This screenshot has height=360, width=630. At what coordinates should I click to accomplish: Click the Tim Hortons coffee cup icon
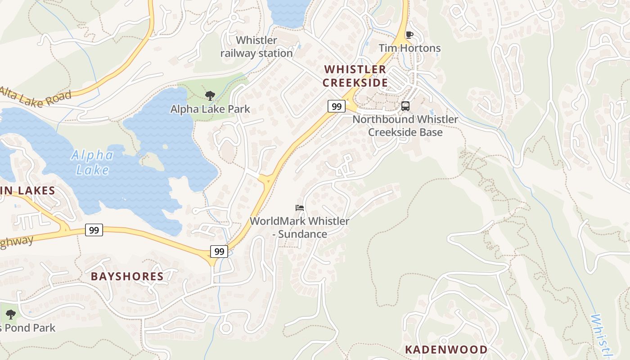[409, 35]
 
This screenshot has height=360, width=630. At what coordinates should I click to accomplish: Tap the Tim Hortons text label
[409, 48]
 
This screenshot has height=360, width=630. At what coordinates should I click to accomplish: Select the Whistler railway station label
[256, 47]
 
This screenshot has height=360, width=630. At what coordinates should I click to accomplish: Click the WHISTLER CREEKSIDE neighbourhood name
[355, 76]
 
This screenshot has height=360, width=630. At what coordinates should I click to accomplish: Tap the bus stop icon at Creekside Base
[405, 106]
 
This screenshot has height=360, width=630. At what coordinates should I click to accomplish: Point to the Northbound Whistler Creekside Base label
[405, 126]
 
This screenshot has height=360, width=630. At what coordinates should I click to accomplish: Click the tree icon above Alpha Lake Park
[210, 95]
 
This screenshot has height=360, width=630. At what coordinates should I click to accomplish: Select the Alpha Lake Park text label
[210, 109]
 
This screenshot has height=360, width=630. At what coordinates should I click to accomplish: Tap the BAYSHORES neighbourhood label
[127, 276]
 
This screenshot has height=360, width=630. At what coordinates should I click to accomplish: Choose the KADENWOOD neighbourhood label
[446, 350]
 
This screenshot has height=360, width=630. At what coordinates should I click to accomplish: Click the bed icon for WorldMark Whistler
[300, 208]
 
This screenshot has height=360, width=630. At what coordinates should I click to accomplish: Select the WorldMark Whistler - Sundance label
[300, 228]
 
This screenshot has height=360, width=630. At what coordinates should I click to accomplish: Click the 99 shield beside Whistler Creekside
[336, 107]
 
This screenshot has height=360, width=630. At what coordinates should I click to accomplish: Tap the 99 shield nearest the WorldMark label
[219, 252]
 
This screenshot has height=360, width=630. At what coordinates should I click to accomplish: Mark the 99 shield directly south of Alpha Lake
[94, 230]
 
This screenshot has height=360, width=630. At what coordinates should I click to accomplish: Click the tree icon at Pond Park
[10, 314]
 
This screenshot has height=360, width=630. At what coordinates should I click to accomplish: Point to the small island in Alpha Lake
[152, 161]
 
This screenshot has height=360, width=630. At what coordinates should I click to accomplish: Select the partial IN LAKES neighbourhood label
[28, 190]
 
